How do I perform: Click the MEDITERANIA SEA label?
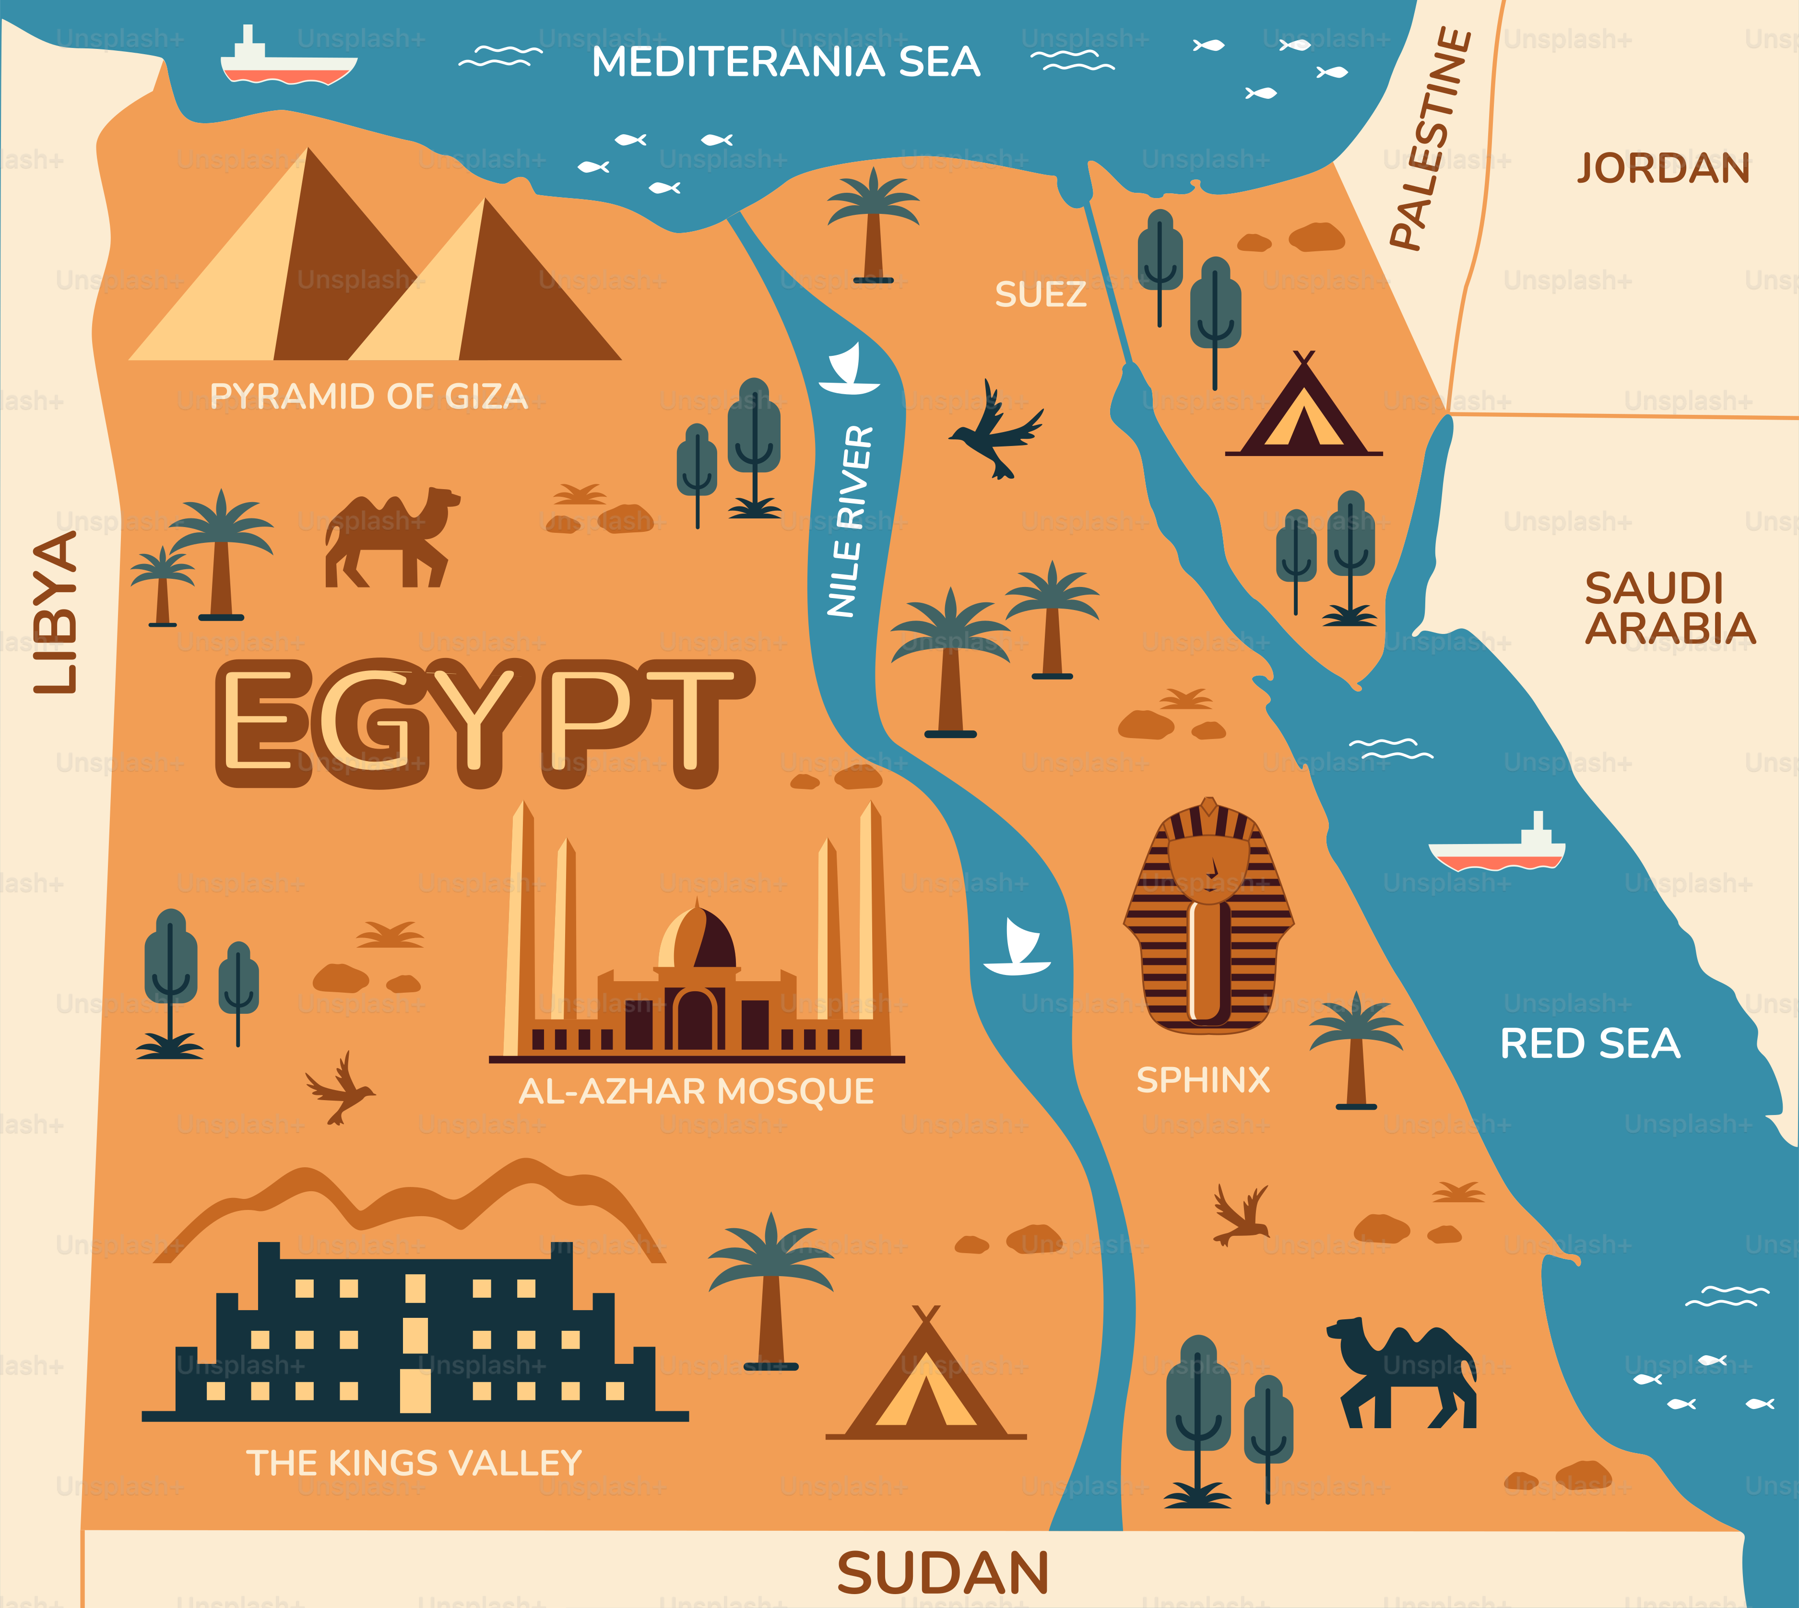(785, 62)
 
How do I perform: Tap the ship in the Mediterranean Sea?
(287, 62)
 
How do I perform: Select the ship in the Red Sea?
(1497, 846)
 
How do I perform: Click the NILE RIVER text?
(850, 521)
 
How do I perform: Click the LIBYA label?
(55, 612)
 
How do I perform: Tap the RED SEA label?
(1589, 1044)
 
